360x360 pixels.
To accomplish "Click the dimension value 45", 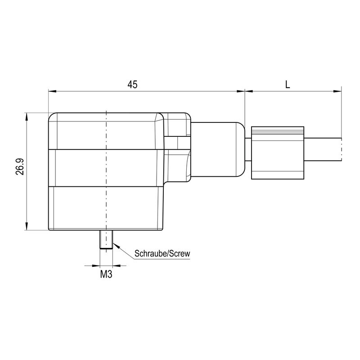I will tap(132, 84).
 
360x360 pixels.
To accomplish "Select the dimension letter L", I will tap(287, 84).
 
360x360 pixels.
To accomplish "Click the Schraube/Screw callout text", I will tap(162, 254).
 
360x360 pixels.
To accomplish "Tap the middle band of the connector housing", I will tap(106, 167).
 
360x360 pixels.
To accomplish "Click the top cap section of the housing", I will tap(106, 131).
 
